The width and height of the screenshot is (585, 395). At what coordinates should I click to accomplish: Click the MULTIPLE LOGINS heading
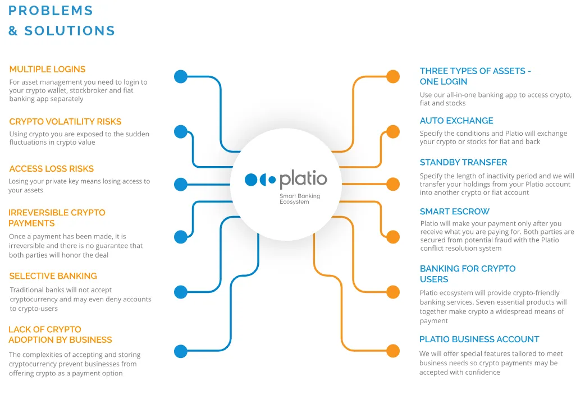tap(47, 70)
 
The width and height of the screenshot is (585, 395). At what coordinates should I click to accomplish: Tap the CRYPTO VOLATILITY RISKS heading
tap(65, 122)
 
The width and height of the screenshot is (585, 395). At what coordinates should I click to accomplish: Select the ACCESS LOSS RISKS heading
tap(52, 168)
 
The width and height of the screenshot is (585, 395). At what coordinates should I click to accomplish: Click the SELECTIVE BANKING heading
tap(53, 276)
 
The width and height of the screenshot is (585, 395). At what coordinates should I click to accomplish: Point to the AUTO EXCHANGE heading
tap(456, 121)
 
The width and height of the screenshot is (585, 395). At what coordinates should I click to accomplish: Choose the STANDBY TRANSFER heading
tap(463, 162)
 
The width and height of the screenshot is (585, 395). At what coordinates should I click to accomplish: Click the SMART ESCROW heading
tap(454, 212)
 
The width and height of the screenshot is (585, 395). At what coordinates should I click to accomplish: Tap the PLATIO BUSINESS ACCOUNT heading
tap(479, 339)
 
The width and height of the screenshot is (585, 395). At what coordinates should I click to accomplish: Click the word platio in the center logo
tap(303, 179)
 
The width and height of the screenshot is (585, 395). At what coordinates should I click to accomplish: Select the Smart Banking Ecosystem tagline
tap(300, 199)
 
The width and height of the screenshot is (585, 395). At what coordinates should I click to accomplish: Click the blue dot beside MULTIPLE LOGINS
tap(181, 76)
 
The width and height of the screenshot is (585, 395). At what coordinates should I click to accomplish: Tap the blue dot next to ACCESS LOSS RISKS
tap(181, 184)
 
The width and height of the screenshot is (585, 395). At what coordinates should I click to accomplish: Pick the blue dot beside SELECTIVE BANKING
tap(181, 292)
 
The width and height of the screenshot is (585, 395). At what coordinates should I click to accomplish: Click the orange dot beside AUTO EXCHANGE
tap(393, 132)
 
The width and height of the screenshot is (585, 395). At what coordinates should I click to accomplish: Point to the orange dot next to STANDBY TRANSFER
tap(393, 184)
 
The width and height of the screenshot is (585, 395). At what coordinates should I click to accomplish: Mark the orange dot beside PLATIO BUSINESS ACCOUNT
tap(393, 351)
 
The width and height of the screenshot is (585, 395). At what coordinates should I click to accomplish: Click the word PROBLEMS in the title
tap(51, 11)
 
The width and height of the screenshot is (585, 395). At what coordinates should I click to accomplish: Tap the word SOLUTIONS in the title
tap(70, 31)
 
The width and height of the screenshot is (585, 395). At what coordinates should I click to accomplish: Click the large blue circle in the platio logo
tap(251, 180)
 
